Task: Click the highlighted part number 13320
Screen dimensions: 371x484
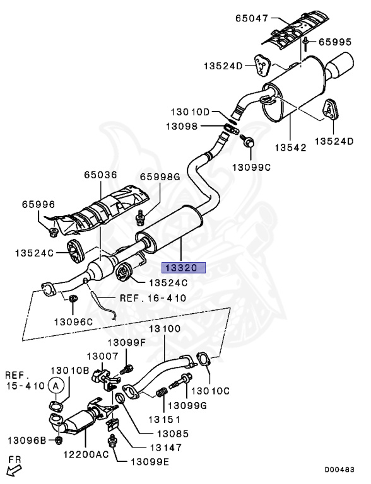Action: coord(184,268)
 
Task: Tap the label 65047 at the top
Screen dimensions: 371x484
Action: coord(252,18)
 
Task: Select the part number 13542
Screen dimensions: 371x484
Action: coord(291,147)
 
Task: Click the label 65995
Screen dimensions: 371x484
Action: coord(335,42)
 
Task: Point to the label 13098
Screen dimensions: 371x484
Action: coord(182,126)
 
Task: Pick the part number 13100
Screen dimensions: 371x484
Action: coord(165,328)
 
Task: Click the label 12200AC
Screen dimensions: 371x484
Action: coord(86,454)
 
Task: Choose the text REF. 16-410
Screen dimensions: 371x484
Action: coord(153,298)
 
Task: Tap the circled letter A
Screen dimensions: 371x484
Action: coord(56,386)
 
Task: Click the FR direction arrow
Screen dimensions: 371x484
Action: coord(15,470)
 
